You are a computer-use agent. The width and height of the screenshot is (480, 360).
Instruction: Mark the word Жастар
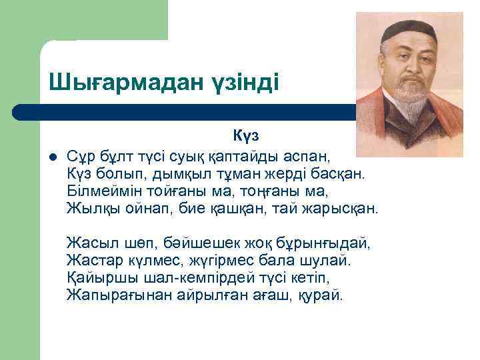(91, 259)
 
